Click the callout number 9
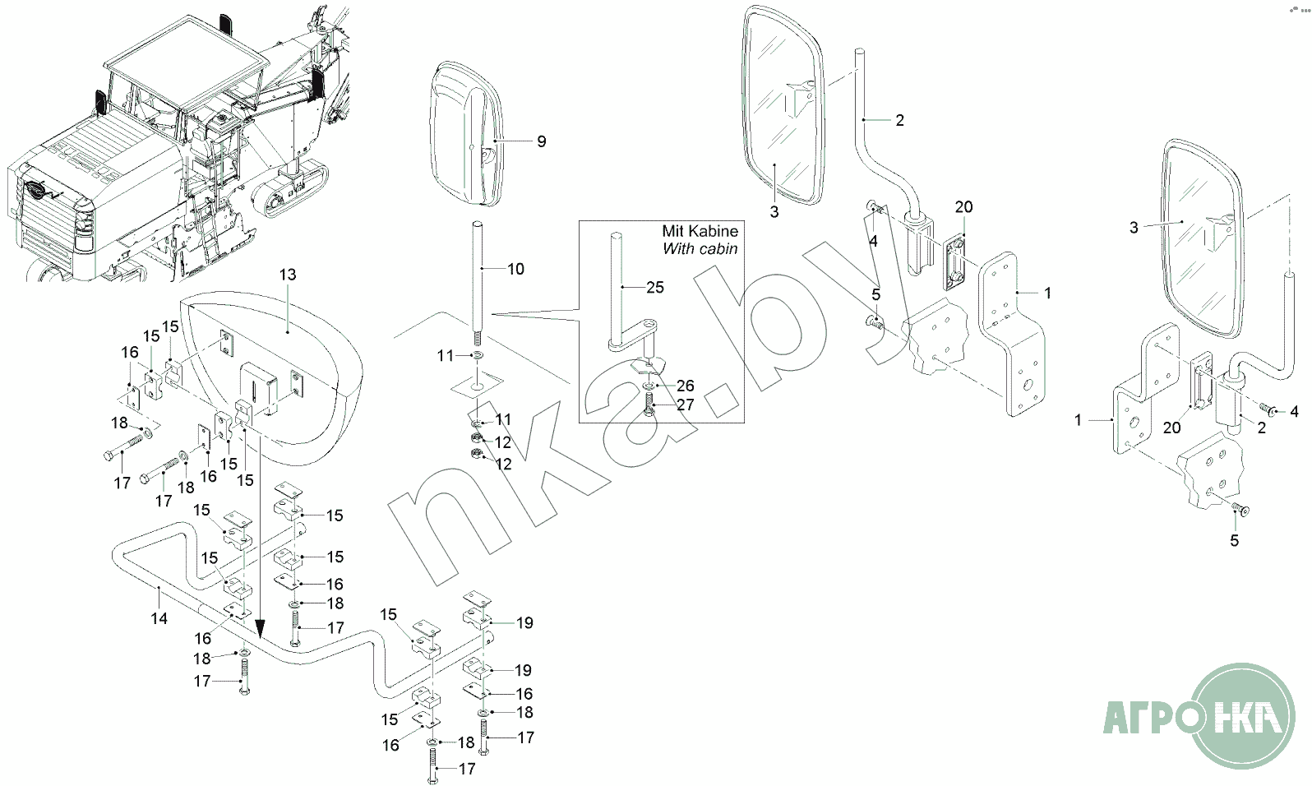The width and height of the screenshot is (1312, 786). pos(541,141)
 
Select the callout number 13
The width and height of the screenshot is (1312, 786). pos(288,275)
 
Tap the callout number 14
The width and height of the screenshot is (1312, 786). pos(159,618)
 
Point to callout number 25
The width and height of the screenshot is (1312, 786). pos(655,287)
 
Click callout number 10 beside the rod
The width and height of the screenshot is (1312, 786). pos(515,269)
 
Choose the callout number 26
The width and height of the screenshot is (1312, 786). pos(685,386)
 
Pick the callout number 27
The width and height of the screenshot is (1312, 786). pos(685,405)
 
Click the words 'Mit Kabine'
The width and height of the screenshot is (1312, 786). pos(700,231)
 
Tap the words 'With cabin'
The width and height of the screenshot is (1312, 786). pos(700,248)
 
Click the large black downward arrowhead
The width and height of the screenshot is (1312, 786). pos(260,630)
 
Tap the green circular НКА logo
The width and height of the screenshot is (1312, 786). pos(1242,716)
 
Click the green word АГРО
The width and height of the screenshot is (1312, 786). pos(1146,717)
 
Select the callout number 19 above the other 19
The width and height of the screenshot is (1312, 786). pos(524,623)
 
